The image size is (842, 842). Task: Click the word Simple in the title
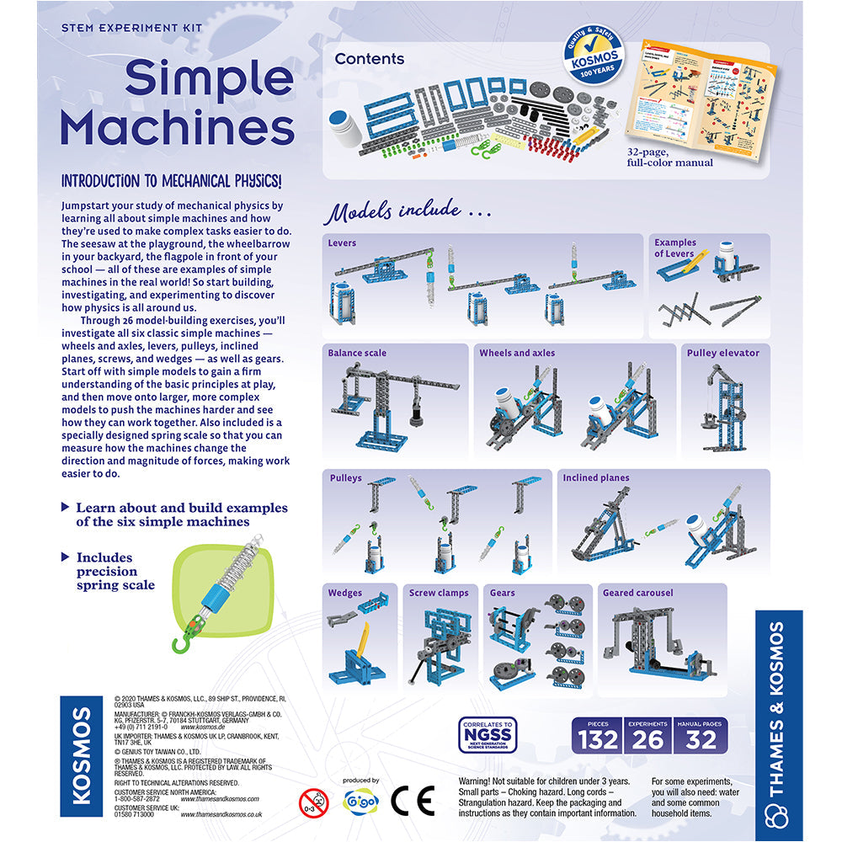tap(210, 80)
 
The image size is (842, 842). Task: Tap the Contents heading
tap(369, 59)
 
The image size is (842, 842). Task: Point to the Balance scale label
tap(357, 353)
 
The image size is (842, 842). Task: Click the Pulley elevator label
tap(722, 353)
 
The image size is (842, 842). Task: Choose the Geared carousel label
tap(637, 593)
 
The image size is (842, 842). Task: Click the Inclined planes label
tap(596, 477)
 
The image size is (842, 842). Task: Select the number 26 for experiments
tap(648, 740)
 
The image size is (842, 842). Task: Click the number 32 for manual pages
tap(701, 740)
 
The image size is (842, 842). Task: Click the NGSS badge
tap(486, 734)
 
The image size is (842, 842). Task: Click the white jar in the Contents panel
tap(344, 126)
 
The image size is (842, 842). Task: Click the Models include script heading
tap(408, 210)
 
